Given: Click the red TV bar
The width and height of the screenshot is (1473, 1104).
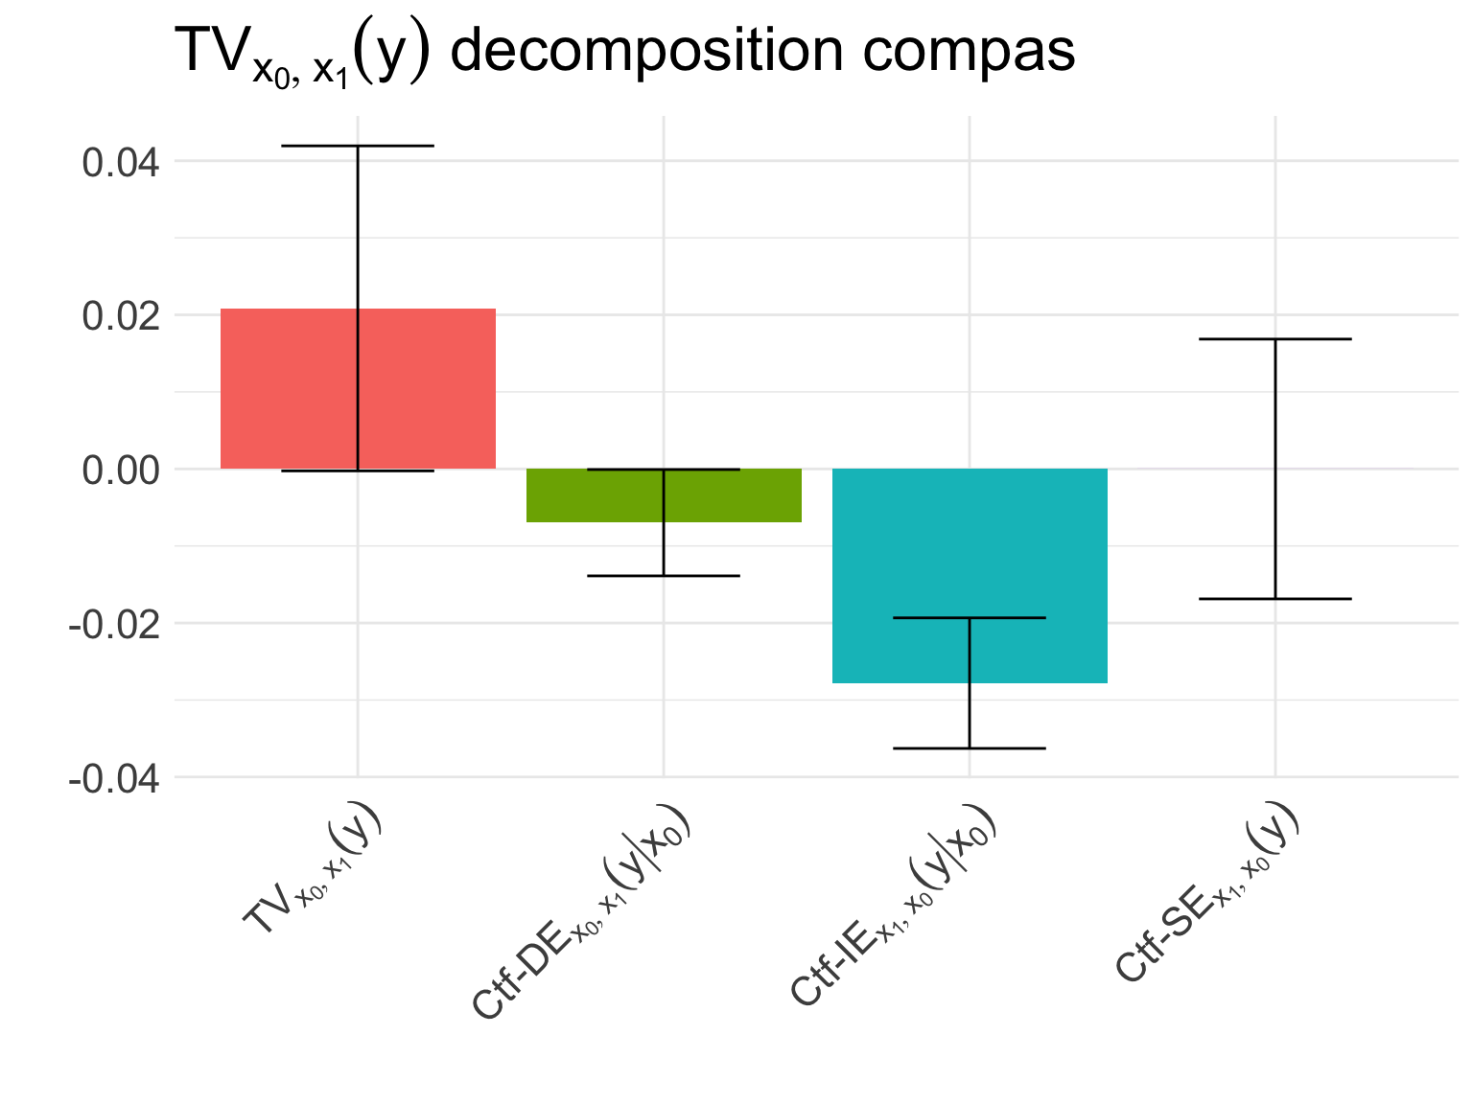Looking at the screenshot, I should tap(288, 388).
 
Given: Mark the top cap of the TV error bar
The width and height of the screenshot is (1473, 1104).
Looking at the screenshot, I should tap(358, 146).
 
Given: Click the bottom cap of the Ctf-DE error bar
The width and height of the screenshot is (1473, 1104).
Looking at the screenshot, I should tap(664, 575).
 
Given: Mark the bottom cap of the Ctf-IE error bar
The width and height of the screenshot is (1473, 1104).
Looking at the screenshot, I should tap(970, 747).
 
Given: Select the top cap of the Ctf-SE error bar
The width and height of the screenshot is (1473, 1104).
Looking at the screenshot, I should tap(1275, 339).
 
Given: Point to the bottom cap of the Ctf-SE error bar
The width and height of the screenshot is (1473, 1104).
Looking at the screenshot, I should tap(1275, 599).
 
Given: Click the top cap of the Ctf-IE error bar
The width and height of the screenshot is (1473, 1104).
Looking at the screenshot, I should tap(970, 618).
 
